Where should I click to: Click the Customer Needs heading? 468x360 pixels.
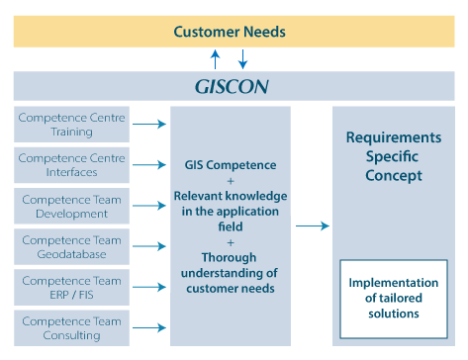230,32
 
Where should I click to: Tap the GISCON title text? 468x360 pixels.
231,85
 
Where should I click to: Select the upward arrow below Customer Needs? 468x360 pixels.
216,59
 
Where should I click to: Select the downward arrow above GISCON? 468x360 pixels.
243,59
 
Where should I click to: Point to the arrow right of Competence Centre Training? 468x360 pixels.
148,125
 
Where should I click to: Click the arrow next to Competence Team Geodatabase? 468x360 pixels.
148,246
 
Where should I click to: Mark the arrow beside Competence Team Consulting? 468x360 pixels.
148,328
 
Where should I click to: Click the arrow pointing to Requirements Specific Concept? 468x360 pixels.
313,226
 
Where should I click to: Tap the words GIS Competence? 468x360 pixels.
231,165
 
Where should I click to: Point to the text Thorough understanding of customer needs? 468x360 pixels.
231,273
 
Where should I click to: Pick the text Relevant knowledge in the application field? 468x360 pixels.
231,211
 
